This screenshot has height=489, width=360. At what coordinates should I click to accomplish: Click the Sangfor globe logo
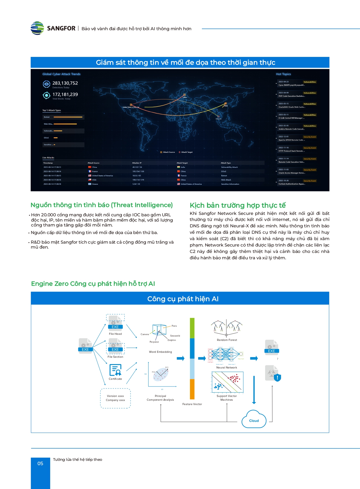point(37,28)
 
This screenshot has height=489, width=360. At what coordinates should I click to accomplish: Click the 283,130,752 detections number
point(65,83)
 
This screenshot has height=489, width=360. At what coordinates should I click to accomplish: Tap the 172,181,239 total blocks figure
point(65,94)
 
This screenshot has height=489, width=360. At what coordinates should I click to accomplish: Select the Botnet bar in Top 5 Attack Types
point(68,117)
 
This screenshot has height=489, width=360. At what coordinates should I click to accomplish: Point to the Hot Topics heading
point(283,74)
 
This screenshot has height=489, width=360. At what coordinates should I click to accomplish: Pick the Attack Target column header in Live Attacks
point(182,163)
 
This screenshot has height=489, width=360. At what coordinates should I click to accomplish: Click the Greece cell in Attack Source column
point(95,184)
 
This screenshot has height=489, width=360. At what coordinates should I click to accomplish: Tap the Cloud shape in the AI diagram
point(254,420)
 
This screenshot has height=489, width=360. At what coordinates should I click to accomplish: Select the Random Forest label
point(227,340)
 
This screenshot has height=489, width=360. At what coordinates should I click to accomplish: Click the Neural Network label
point(227,368)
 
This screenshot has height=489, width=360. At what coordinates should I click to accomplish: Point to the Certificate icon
point(115,370)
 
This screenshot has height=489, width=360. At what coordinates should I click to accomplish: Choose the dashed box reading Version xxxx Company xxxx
point(115,398)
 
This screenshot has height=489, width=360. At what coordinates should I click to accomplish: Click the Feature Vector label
point(192,404)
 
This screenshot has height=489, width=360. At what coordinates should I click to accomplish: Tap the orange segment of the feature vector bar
point(192,389)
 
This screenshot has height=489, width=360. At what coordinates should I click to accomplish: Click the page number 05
point(40,463)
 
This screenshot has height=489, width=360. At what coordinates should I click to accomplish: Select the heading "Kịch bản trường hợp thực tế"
point(238,205)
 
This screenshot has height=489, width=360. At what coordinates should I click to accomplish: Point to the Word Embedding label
point(160,352)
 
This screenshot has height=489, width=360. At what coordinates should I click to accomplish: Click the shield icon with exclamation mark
point(277,377)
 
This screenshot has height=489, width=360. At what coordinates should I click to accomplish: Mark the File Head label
point(115,334)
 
